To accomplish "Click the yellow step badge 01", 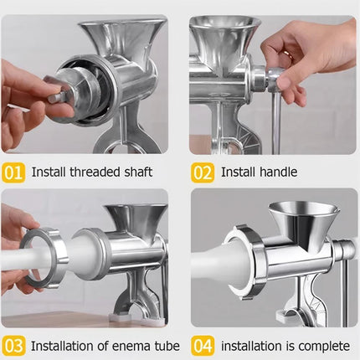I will pos(13,172).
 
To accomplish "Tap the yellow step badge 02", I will pos(203,172).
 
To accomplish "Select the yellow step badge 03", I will pos(13,345).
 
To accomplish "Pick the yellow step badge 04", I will pos(203,345).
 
